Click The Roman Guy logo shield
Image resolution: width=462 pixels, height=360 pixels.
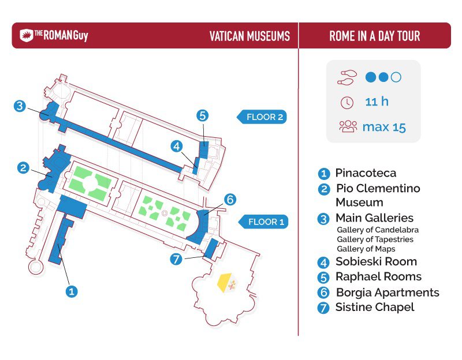pyautogui.click(x=26, y=36)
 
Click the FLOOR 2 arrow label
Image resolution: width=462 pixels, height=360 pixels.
pyautogui.click(x=262, y=117)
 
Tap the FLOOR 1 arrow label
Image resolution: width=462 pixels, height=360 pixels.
pyautogui.click(x=263, y=222)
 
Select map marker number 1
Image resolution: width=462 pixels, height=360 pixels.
pyautogui.click(x=71, y=291)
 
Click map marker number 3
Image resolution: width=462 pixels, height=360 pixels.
pyautogui.click(x=20, y=106)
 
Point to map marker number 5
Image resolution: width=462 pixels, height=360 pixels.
pyautogui.click(x=203, y=115)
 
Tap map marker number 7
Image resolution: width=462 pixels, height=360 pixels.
pyautogui.click(x=176, y=260)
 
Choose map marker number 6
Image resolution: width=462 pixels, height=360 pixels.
pyautogui.click(x=230, y=200)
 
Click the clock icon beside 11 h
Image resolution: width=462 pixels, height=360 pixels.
pyautogui.click(x=347, y=103)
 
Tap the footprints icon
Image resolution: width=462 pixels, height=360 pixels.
pyautogui.click(x=347, y=78)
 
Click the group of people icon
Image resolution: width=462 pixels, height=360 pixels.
pyautogui.click(x=348, y=126)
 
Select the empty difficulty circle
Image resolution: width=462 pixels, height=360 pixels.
pyautogui.click(x=396, y=77)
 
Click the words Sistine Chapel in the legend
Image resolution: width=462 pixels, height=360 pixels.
pyautogui.click(x=375, y=307)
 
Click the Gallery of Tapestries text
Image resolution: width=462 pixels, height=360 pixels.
pyautogui.click(x=375, y=239)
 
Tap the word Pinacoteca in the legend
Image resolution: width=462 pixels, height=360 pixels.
pyautogui.click(x=366, y=172)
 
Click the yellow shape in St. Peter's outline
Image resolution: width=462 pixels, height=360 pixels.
pyautogui.click(x=225, y=282)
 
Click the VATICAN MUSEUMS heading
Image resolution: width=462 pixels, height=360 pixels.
pyautogui.click(x=249, y=36)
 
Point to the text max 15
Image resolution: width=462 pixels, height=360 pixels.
pyautogui.click(x=384, y=127)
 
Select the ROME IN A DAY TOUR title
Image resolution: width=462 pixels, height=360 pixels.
pyautogui.click(x=374, y=36)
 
